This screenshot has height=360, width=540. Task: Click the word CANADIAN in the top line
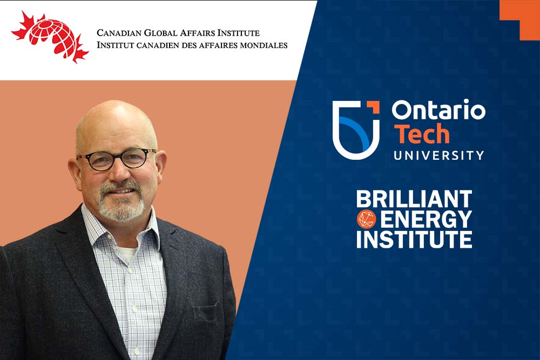point(119,33)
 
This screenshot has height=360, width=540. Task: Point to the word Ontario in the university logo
point(438,110)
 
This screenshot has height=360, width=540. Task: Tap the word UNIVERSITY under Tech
point(438,155)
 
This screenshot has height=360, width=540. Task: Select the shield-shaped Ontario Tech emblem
point(356,130)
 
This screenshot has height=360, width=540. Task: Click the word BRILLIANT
point(414,199)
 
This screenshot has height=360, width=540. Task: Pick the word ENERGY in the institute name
point(426,219)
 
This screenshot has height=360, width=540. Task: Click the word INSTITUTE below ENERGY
point(414,240)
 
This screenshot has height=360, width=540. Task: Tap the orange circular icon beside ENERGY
point(367,219)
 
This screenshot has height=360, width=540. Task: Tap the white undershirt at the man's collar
point(126,254)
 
